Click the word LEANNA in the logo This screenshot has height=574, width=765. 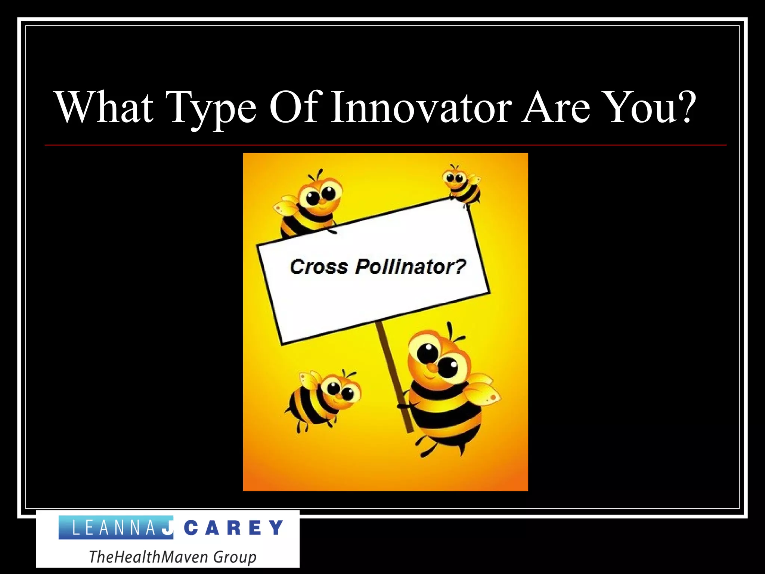pos(112,528)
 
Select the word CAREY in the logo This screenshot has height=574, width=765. pos(233,528)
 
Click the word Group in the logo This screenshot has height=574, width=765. pos(235,557)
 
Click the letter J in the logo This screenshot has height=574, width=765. pos(168,527)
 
